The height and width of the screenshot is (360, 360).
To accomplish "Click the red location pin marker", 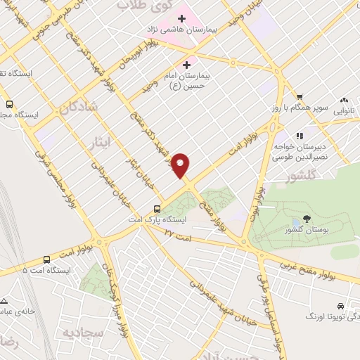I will point(181,164).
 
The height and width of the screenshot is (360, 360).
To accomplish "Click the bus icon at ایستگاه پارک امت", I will point(158,209).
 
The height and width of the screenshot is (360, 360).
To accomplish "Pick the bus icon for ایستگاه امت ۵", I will point(46,259).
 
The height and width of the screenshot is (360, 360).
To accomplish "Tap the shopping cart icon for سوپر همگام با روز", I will point(300,97).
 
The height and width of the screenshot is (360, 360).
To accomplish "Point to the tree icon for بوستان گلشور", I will point(305,219).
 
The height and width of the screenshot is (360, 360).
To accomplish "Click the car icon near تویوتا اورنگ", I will point(341,307).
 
